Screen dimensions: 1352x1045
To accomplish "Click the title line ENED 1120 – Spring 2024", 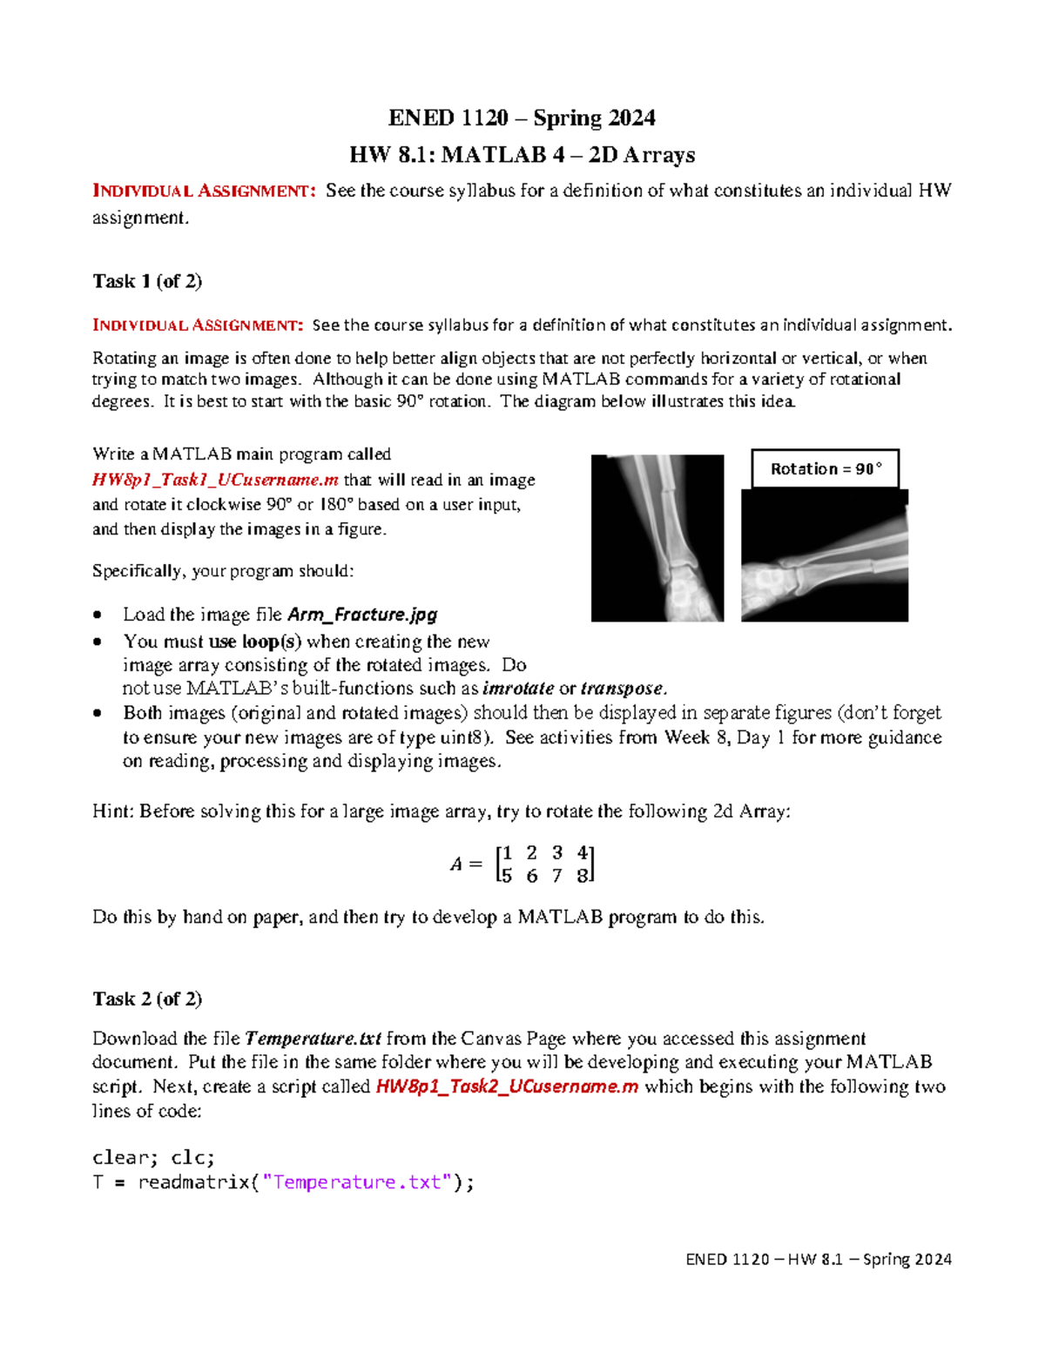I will tap(522, 118).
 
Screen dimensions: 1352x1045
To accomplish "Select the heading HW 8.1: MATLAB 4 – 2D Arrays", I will tap(522, 155).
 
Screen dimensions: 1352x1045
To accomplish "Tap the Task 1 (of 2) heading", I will tap(147, 281).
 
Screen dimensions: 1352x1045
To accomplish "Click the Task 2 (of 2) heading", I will tap(147, 999).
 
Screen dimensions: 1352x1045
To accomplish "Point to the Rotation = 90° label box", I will tap(825, 469).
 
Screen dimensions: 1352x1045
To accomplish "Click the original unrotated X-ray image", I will tap(657, 538).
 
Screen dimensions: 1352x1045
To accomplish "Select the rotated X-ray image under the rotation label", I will tap(824, 555).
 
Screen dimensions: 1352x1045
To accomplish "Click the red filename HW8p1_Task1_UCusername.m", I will tap(215, 480).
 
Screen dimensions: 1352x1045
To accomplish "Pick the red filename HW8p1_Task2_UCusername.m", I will tap(507, 1086).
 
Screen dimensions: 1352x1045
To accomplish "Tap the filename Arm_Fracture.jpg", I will tap(362, 615).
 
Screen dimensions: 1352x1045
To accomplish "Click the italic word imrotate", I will tap(518, 689).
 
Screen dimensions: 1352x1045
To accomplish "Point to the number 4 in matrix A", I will tap(582, 853).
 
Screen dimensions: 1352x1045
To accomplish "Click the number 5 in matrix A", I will tap(507, 876).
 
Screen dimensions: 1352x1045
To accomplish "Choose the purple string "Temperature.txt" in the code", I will tap(357, 1182).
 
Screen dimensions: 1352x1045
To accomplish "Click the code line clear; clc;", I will tap(153, 1158).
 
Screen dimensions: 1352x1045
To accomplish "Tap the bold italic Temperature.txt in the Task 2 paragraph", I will tap(313, 1039).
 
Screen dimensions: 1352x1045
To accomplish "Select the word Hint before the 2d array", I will tap(111, 811).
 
